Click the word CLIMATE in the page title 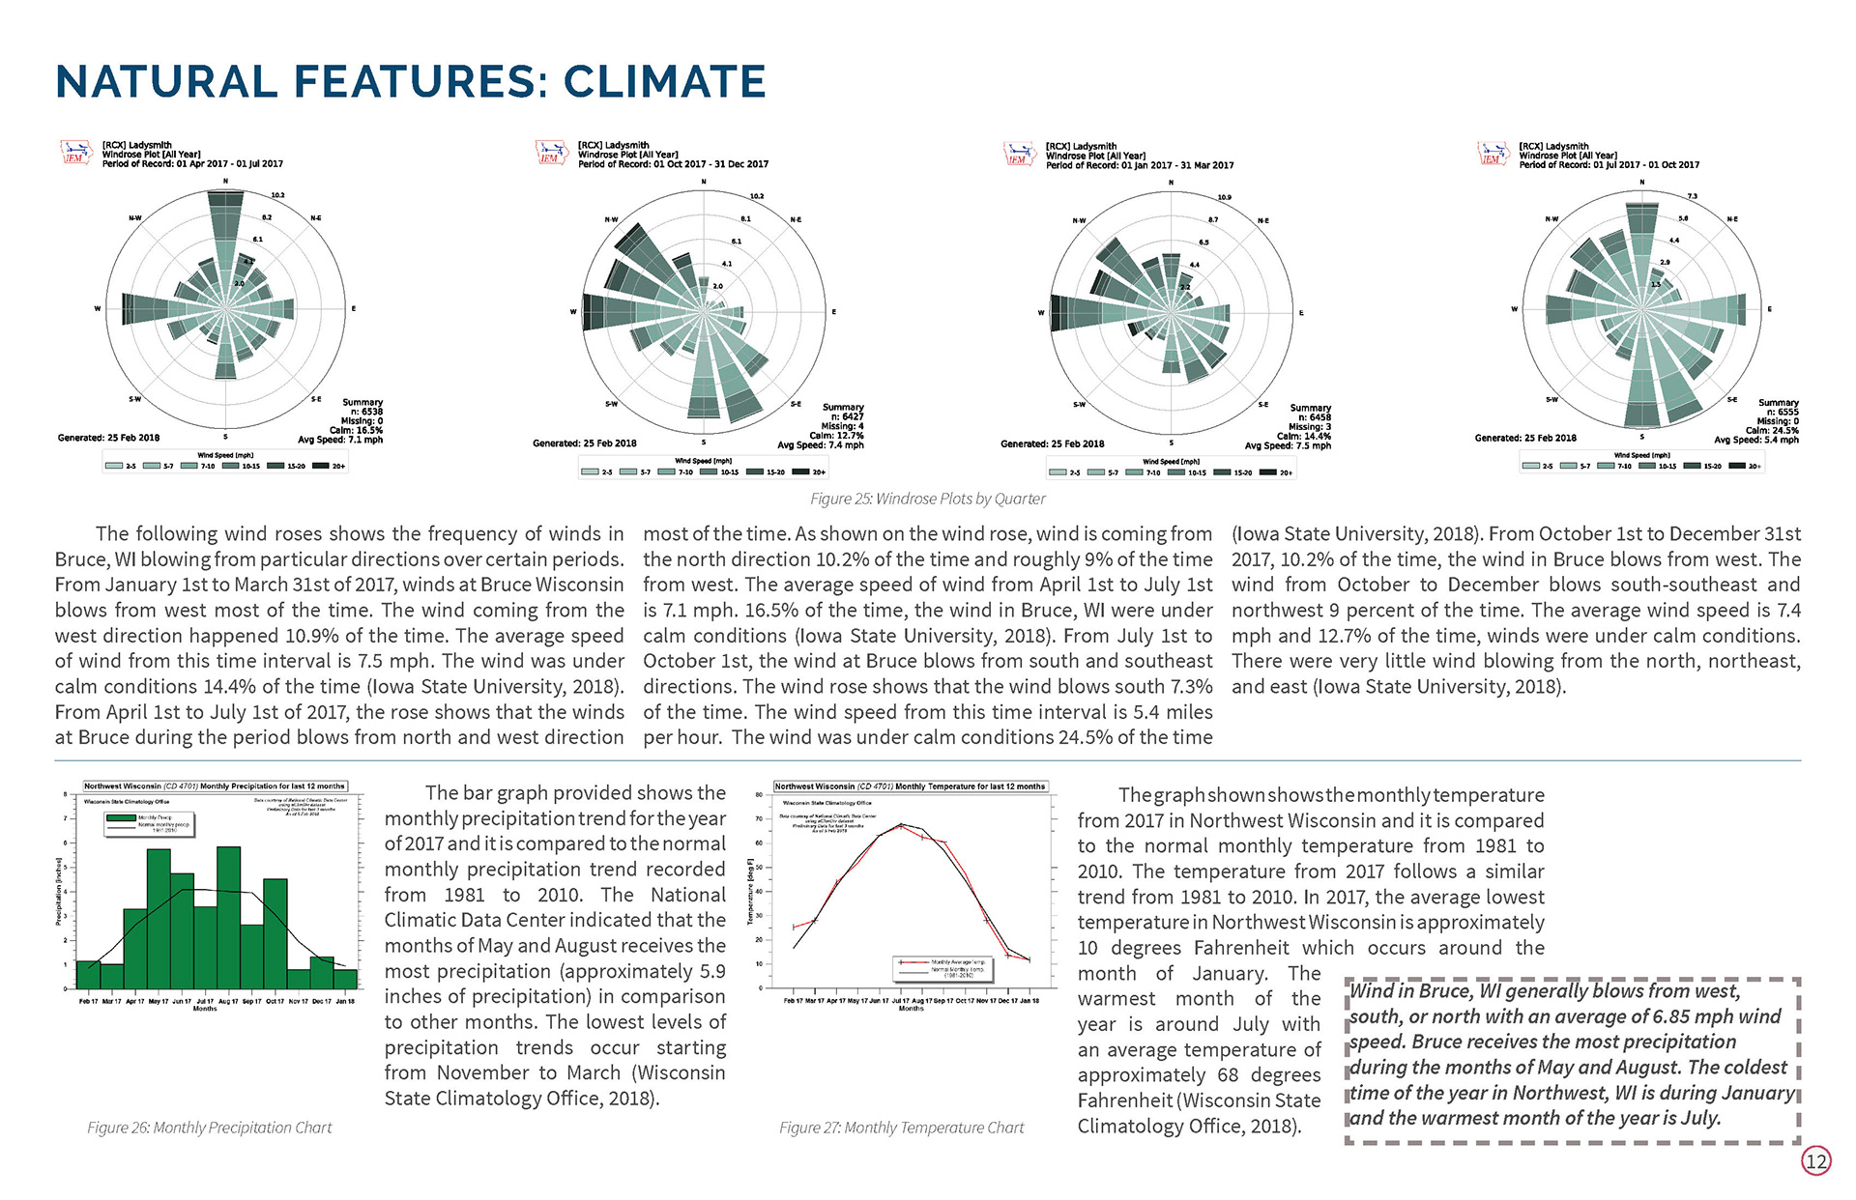point(665,81)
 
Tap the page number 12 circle point(1816,1160)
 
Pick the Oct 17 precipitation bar point(275,933)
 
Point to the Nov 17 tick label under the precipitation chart point(299,1001)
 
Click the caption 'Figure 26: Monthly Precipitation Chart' point(209,1128)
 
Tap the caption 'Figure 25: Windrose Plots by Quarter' point(927,499)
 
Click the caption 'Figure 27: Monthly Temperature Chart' point(901,1128)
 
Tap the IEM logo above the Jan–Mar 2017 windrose point(1018,155)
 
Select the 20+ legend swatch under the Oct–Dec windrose point(801,472)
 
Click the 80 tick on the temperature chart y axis point(760,794)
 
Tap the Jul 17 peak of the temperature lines point(901,825)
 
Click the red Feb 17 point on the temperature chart point(794,928)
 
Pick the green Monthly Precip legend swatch point(121,817)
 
